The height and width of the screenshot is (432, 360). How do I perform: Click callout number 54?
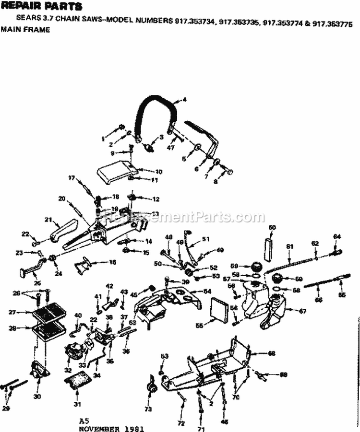(x=207, y=292)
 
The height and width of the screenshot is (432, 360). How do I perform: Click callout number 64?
(x=336, y=236)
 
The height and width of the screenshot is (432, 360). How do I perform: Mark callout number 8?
(x=216, y=182)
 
